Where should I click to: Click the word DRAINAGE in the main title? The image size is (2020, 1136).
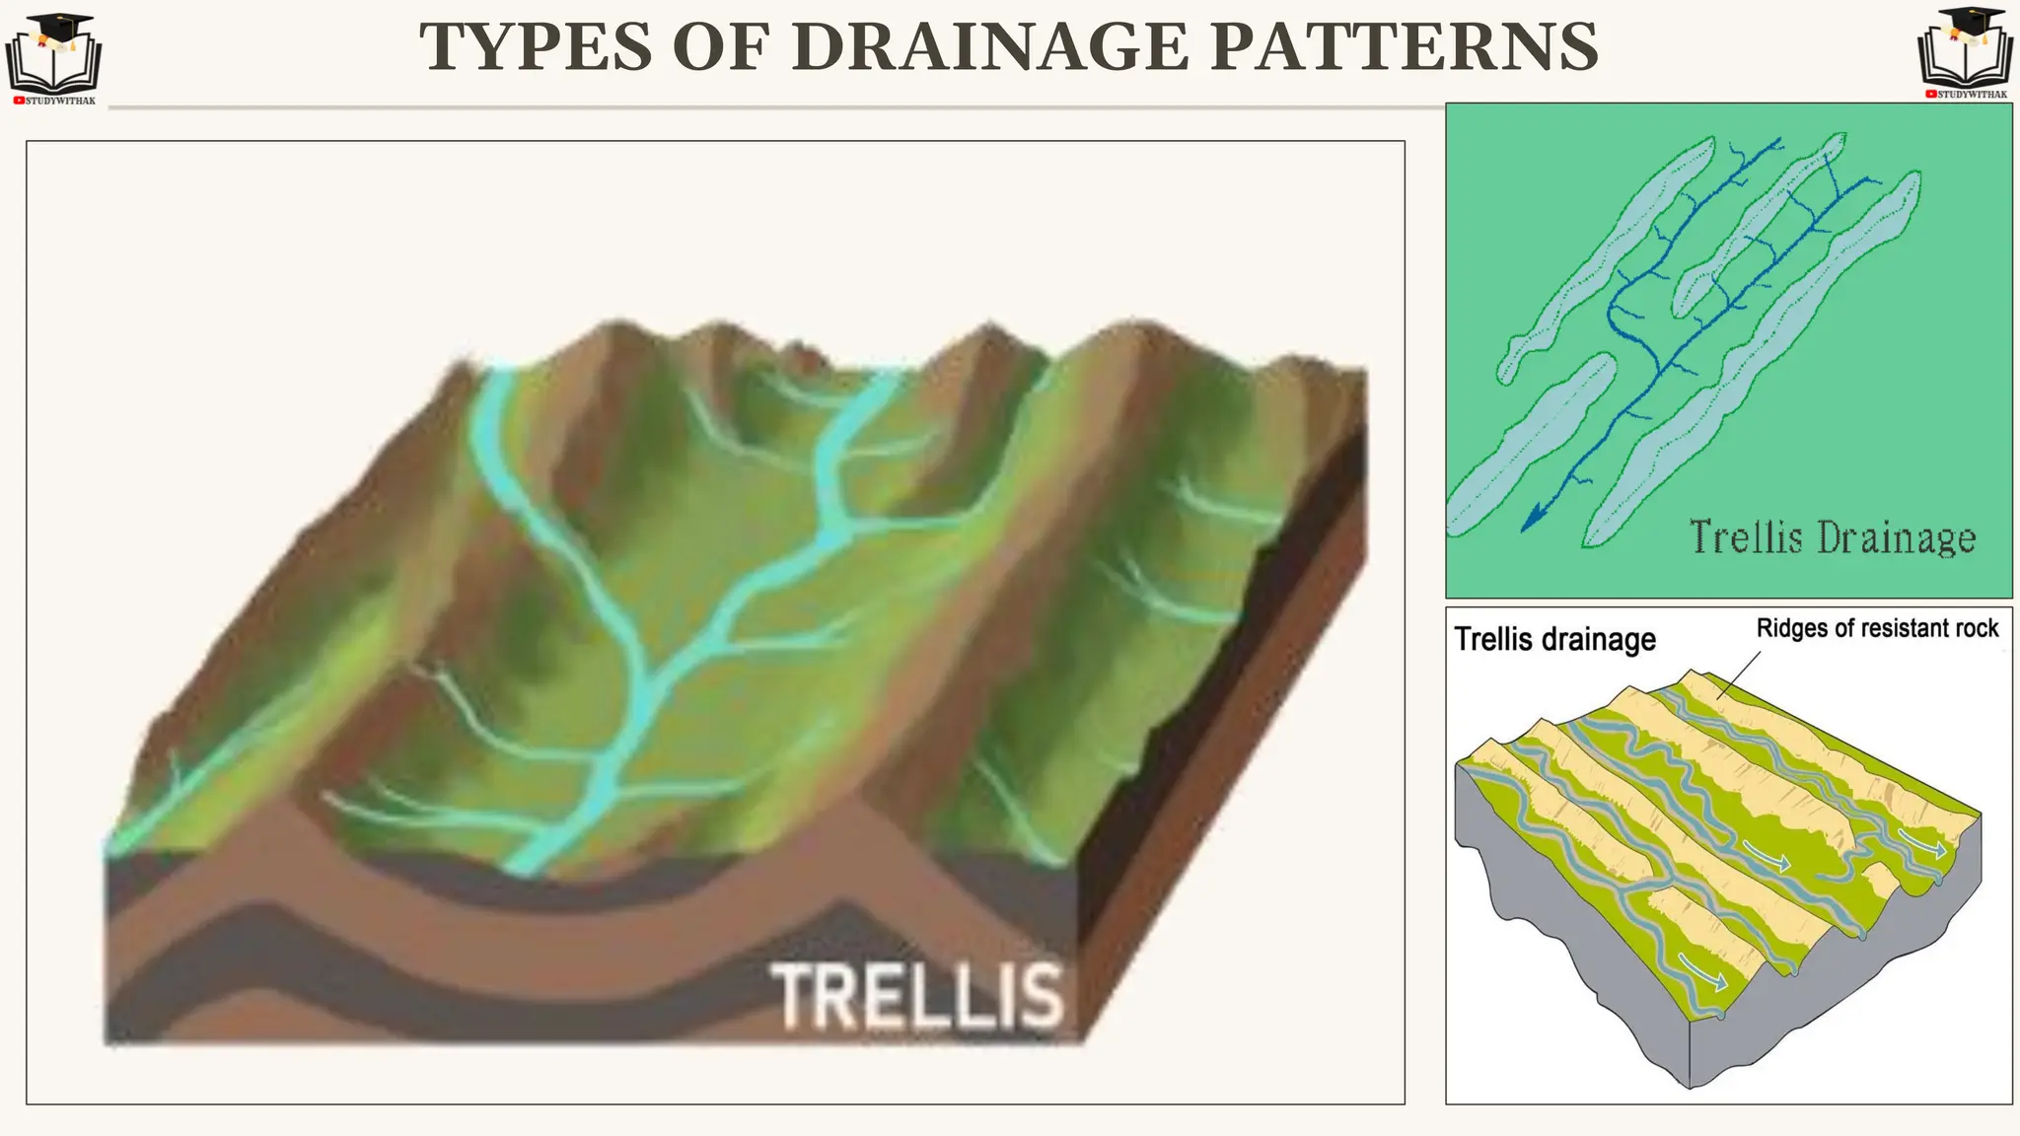[990, 47]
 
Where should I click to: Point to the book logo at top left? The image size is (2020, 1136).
[53, 59]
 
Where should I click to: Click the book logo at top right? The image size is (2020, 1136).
[1965, 53]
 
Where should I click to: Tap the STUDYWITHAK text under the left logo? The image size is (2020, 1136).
[60, 101]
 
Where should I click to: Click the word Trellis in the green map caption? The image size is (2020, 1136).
[1746, 538]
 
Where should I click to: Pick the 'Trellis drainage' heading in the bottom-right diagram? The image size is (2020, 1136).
[1555, 639]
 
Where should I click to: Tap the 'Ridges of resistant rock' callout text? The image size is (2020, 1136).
[1877, 628]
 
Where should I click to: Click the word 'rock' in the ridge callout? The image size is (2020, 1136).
[1973, 628]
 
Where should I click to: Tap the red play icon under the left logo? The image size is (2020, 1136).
[19, 101]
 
